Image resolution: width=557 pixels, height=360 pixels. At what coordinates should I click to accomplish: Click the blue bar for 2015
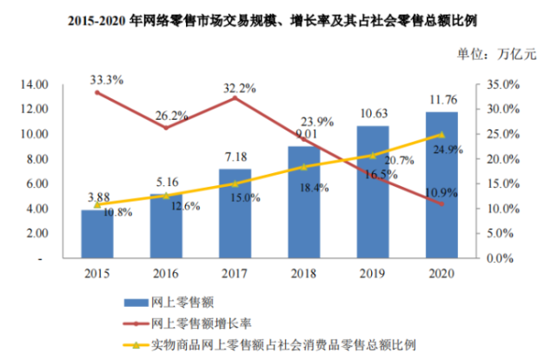point(97,234)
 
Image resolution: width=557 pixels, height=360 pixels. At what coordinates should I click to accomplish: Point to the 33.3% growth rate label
point(105,79)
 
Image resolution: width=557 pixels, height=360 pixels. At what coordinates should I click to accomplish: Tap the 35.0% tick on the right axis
point(501,84)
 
